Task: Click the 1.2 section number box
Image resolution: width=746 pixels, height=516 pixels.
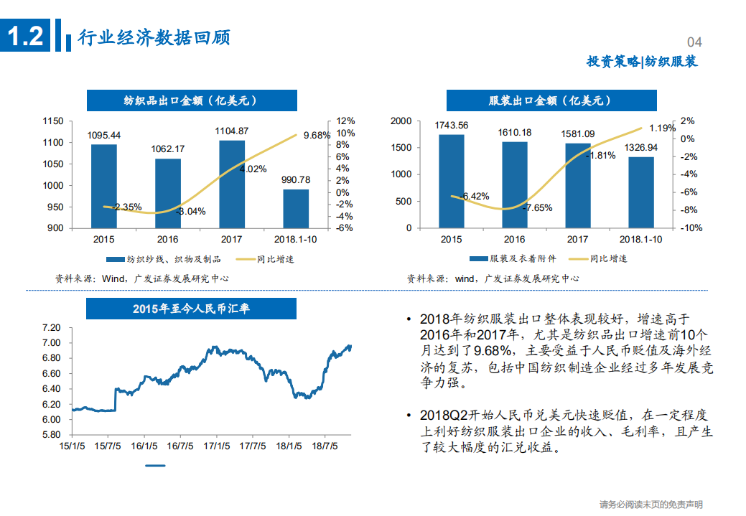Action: pos(26,36)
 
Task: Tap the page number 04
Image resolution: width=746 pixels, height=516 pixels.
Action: pos(694,42)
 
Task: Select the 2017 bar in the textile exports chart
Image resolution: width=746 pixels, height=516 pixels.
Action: pos(232,184)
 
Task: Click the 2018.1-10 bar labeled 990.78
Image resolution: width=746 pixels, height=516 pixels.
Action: pos(296,208)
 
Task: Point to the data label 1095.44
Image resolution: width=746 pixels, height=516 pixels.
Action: pos(104,135)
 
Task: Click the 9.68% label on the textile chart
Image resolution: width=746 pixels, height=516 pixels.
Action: pos(317,135)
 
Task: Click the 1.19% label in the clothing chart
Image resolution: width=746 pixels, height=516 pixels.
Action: pos(662,128)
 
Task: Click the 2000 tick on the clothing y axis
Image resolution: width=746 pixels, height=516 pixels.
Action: pos(401,121)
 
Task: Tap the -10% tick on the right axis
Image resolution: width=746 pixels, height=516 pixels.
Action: pos(691,228)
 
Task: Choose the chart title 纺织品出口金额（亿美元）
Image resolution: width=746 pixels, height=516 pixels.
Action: pos(191,100)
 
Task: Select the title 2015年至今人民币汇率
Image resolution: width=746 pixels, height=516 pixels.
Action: pos(191,309)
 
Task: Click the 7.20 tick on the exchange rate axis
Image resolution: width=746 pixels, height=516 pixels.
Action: pos(51,327)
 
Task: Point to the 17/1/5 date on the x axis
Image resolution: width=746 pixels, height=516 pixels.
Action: pos(217,446)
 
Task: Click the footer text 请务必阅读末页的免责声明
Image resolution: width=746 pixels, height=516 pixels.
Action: pos(651,505)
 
